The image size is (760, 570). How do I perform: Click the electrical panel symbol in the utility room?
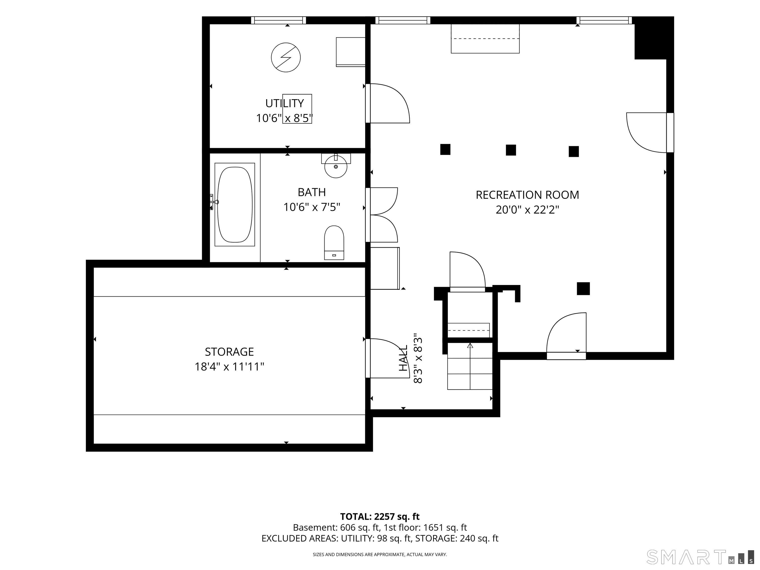click(286, 57)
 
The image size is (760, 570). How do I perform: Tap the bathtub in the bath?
click(235, 204)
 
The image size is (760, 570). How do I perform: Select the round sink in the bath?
click(336, 167)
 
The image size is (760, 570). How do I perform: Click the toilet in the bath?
click(334, 242)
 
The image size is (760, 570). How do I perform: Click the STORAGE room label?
click(229, 352)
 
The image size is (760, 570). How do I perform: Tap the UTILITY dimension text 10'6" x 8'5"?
click(285, 118)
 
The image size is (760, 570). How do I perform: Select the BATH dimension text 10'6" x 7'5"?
click(312, 207)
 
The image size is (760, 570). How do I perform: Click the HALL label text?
click(403, 358)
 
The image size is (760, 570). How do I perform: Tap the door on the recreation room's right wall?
click(650, 132)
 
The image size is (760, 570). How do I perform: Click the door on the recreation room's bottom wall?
click(566, 336)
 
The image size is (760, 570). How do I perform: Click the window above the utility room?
click(278, 20)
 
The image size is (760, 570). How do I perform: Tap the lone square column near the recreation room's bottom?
click(583, 289)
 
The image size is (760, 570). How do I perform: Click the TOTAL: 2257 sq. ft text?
click(380, 516)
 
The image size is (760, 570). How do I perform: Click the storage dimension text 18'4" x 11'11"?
click(229, 367)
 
